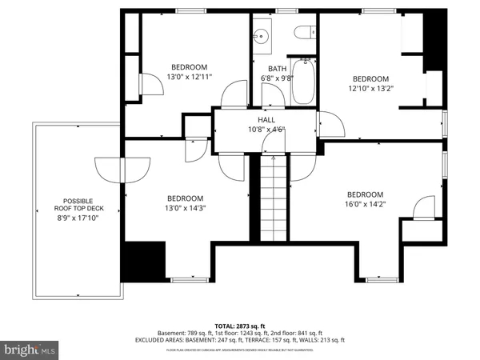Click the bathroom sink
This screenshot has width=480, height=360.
click(262, 36)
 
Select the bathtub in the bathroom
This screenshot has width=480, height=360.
click(302, 82)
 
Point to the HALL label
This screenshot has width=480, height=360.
click(266, 119)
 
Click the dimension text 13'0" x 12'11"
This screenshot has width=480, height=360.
click(189, 77)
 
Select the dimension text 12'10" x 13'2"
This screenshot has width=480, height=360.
click(370, 89)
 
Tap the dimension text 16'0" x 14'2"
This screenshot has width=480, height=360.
click(365, 205)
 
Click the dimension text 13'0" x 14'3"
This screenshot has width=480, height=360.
click(185, 209)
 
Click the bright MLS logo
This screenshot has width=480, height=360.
click(30, 349)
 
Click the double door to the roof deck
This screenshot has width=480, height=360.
click(122, 169)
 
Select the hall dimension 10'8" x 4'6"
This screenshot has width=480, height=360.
click(266, 129)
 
